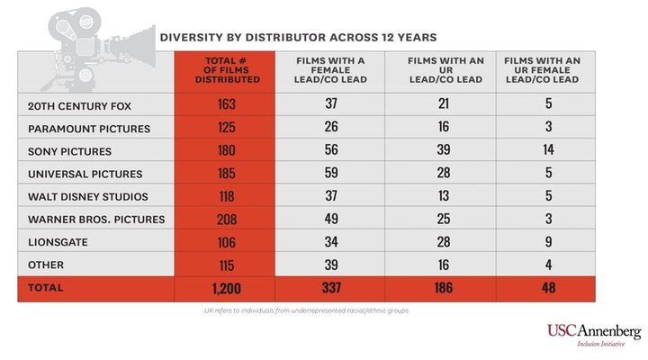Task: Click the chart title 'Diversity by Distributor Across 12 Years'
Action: [298, 38]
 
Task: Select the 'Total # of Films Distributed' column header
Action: [226, 69]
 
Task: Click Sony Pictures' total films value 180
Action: [226, 150]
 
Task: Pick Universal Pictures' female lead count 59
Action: [330, 174]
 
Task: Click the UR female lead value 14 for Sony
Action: [549, 150]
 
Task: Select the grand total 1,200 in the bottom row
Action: [226, 289]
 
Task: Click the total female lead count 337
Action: [330, 289]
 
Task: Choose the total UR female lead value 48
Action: [549, 289]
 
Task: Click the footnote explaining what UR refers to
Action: [306, 310]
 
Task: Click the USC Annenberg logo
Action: [593, 334]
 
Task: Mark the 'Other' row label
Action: [47, 265]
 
